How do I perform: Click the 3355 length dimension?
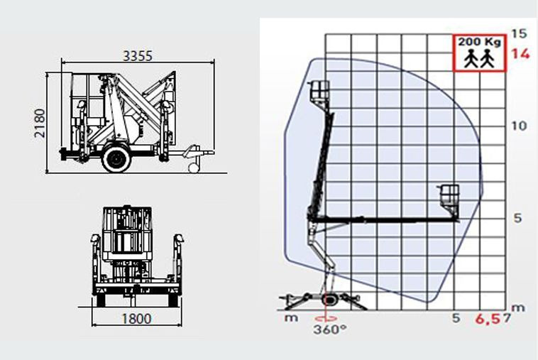[x=137, y=56]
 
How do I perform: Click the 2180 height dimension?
[x=40, y=124]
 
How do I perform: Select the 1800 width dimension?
[x=136, y=319]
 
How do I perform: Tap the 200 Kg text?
[x=480, y=42]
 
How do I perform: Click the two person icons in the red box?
[x=479, y=58]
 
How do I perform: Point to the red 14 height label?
[x=521, y=54]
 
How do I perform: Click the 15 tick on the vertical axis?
[x=519, y=33]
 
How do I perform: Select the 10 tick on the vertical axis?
[x=519, y=126]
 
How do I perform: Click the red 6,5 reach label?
[x=488, y=319]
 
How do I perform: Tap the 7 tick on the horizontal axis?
[x=507, y=318]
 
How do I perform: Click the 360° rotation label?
[x=330, y=329]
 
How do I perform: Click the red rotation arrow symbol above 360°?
[x=326, y=318]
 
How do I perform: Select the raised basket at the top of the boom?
[x=319, y=92]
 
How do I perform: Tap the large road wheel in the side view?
[x=116, y=158]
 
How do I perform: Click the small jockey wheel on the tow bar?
[x=194, y=168]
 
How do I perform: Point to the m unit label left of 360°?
[x=291, y=318]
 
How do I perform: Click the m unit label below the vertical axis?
[x=518, y=307]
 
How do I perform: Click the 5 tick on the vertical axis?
[x=517, y=218]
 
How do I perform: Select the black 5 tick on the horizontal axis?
[x=456, y=318]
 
